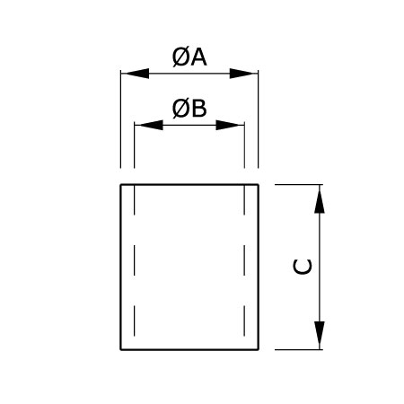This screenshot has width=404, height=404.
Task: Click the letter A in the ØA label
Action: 198,57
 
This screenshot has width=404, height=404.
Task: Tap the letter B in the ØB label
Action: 199,109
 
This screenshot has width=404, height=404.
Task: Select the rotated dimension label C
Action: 303,267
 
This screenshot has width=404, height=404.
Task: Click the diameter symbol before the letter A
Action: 181,57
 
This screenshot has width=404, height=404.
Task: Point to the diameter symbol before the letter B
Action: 181,109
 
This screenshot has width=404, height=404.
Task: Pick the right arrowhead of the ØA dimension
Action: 243,74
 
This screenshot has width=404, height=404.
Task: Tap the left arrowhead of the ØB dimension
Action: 149,125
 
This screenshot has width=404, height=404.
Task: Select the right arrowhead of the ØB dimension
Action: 230,125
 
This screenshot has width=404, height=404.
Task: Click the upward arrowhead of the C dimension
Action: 320,199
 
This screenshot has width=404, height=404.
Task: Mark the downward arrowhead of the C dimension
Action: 320,336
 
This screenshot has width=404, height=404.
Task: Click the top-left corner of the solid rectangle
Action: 121,185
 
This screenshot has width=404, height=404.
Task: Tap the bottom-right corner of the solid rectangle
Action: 258,349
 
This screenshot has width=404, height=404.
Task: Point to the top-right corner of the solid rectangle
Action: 258,185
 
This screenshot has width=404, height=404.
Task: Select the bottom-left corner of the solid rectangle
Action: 121,349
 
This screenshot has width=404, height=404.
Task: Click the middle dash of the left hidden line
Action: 134,260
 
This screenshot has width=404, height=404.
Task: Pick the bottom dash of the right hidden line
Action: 244,321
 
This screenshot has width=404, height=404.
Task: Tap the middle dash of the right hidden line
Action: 244,260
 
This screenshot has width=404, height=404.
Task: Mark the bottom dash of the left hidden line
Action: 134,321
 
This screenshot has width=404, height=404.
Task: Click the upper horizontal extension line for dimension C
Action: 299,185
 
